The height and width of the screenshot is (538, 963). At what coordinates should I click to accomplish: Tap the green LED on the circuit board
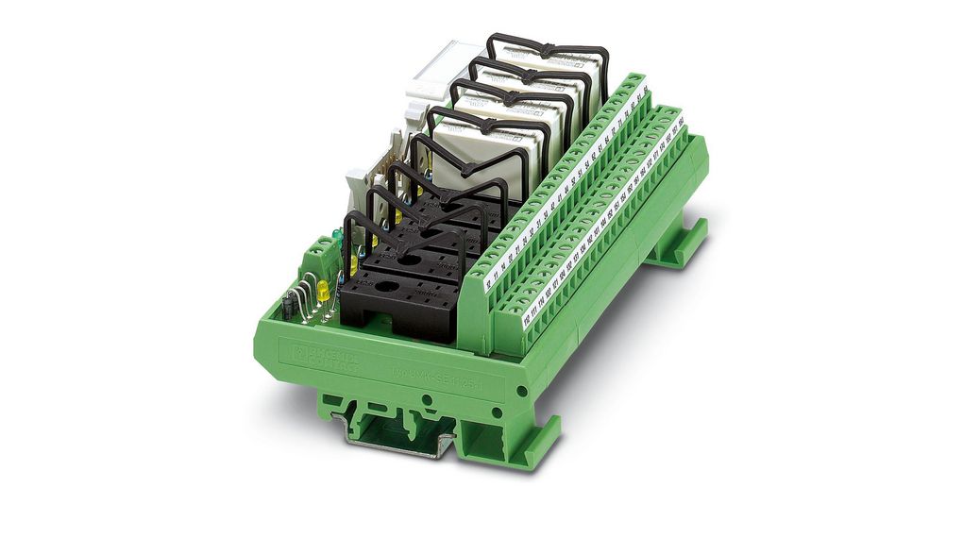tap(336, 237)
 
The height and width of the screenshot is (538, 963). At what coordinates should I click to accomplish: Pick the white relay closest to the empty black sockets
tap(491, 160)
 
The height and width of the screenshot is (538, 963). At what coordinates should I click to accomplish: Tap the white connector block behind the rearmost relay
tap(439, 71)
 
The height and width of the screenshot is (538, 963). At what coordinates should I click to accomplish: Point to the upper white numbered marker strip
tap(566, 179)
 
